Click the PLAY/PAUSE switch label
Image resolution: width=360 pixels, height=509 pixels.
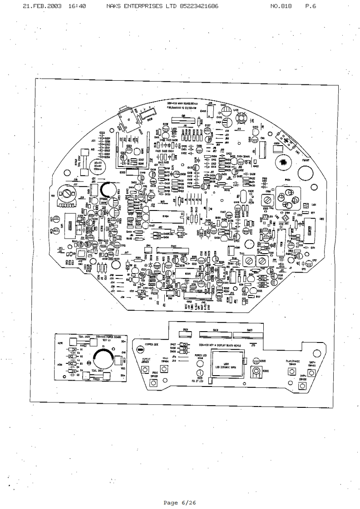[x=291, y=362]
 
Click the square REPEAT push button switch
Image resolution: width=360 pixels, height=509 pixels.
[x=139, y=368]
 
